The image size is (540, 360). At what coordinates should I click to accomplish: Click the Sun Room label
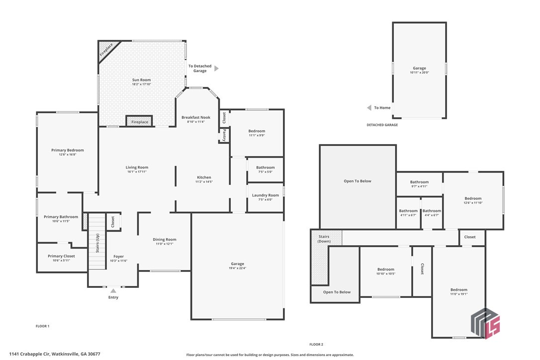[141, 80]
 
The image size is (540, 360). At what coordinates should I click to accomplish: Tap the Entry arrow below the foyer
[113, 291]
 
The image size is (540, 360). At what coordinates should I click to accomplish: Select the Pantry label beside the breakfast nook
[224, 135]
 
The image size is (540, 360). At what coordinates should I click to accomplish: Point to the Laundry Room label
[266, 195]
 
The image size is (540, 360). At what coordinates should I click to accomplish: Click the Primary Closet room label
[62, 256]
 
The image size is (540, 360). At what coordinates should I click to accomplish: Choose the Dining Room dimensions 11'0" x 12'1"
[164, 244]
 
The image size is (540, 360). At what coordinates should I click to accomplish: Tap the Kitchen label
[204, 178]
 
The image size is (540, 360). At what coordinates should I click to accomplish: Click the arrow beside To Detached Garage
[216, 69]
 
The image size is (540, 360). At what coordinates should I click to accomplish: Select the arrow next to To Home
[369, 108]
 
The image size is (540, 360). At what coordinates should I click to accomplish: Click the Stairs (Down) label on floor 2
[324, 239]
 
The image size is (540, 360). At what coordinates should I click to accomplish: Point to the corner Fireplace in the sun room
[106, 50]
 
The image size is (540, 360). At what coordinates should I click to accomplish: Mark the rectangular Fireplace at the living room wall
[139, 122]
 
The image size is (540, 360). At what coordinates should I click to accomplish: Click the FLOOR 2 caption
[316, 345]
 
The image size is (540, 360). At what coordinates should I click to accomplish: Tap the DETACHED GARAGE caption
[382, 125]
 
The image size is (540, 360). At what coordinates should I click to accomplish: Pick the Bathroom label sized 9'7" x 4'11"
[419, 182]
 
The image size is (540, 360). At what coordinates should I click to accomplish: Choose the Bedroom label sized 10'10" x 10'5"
[385, 270]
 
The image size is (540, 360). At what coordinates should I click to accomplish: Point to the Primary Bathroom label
[61, 217]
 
